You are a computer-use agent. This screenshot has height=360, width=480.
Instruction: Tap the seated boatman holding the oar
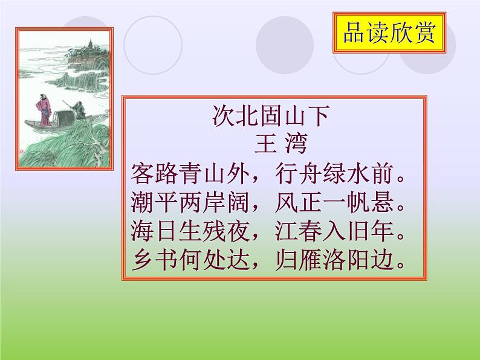[77, 111]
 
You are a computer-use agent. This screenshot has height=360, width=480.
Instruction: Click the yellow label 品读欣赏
[389, 33]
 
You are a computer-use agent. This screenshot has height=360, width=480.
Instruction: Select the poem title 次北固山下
[270, 115]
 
